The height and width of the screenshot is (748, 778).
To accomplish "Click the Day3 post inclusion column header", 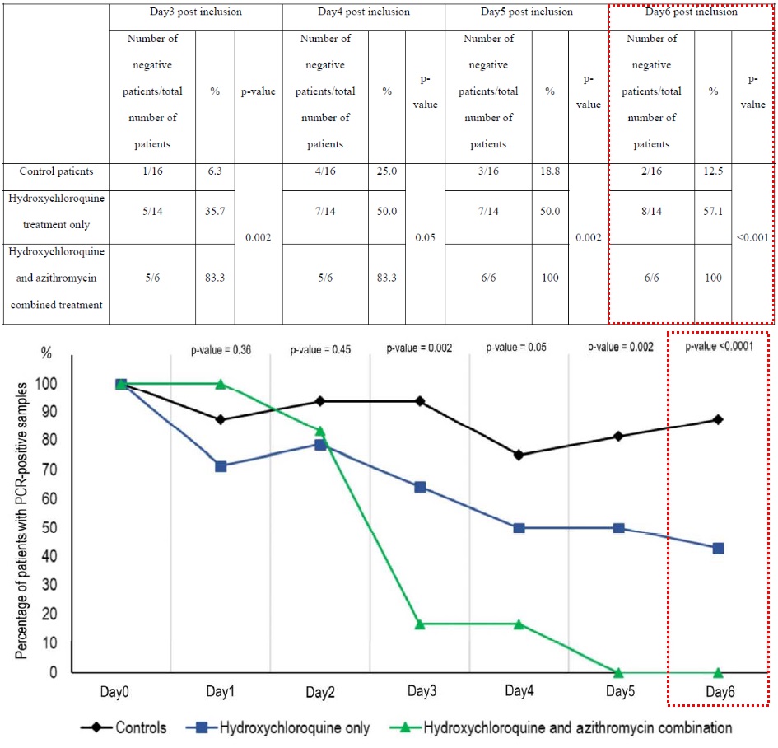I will (198, 12).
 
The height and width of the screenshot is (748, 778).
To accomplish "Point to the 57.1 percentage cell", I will (713, 211).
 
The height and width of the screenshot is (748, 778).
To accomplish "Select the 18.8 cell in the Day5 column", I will (550, 171).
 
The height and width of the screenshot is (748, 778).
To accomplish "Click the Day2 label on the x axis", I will (319, 694).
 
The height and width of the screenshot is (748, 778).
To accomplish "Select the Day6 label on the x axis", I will (718, 694).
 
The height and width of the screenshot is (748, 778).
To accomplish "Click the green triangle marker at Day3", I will (420, 624).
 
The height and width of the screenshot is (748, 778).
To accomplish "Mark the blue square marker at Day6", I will (718, 548).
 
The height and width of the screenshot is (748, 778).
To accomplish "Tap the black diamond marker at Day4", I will (519, 455).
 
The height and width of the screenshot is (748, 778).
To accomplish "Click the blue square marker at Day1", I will (220, 466).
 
